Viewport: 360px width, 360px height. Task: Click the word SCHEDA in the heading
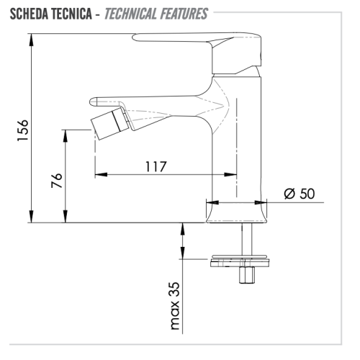pos(30,14)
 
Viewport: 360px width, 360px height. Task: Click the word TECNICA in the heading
pos(72,14)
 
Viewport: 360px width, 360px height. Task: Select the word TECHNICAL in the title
pos(130,14)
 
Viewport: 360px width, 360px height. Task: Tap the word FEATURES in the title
pos(184,14)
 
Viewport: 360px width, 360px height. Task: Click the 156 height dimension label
pos(23,130)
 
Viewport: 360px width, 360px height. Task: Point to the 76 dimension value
pos(57,181)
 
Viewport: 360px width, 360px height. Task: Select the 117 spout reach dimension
pos(156,166)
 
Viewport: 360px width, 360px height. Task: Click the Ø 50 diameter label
pos(300,194)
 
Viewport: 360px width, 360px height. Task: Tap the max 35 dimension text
pos(175,306)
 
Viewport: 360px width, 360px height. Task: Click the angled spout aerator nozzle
pos(109,124)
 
